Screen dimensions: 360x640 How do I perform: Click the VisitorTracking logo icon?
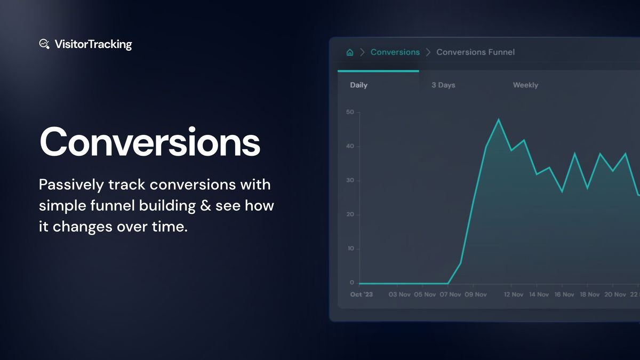click(45, 44)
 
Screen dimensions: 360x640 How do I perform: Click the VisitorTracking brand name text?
click(93, 44)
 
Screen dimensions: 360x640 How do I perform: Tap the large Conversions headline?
click(150, 142)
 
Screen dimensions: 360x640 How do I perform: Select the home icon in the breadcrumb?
click(350, 52)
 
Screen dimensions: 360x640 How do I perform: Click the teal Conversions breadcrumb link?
click(395, 52)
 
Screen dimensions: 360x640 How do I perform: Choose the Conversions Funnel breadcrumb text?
click(475, 52)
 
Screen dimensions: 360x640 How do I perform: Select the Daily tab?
click(358, 85)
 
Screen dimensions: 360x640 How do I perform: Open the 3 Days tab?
click(443, 85)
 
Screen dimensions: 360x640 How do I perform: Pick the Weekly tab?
click(525, 85)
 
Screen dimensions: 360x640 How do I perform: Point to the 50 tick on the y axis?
click(350, 112)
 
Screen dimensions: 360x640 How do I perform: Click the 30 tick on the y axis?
click(350, 180)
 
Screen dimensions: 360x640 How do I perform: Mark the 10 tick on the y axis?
click(350, 249)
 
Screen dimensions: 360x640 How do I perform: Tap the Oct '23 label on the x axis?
click(361, 294)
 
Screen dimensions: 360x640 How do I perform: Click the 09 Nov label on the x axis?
click(476, 294)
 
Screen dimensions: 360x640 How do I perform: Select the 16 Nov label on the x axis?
click(564, 294)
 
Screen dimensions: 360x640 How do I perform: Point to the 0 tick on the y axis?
click(351, 283)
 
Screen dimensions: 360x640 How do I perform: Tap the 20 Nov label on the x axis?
click(615, 294)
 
